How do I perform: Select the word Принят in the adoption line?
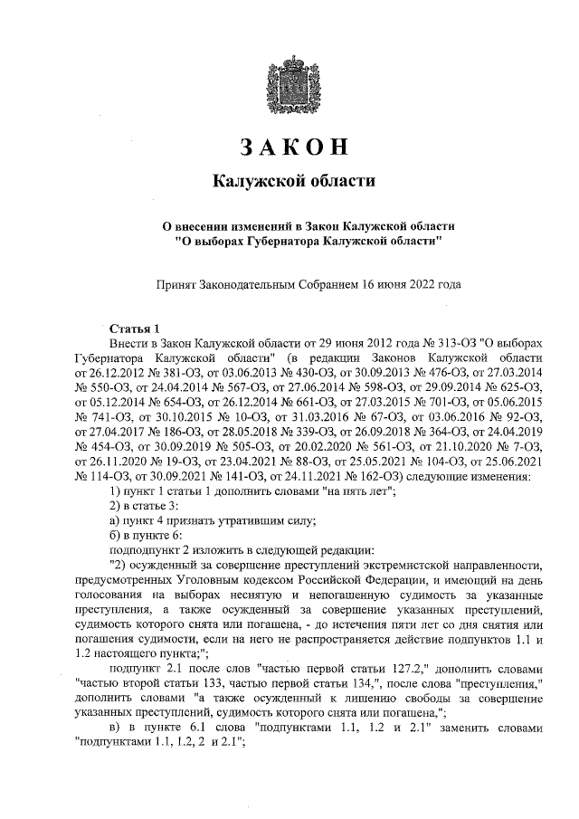[179, 284]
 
